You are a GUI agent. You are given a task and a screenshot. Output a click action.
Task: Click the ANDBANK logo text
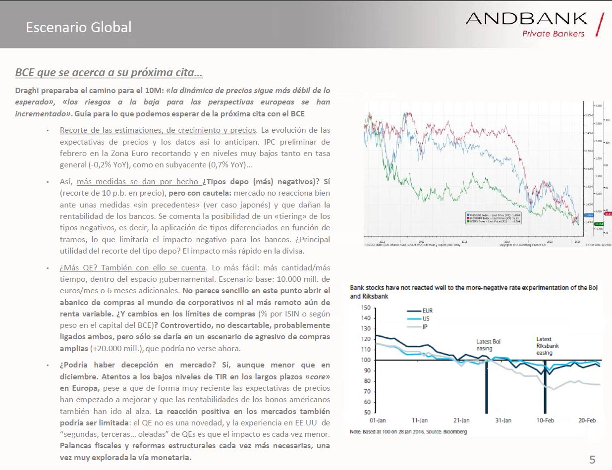point(526,19)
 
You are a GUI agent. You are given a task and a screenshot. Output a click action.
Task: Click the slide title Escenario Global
point(79,27)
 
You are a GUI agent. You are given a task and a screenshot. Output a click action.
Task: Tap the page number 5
point(593,458)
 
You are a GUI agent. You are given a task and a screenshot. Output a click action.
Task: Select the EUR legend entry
point(427,311)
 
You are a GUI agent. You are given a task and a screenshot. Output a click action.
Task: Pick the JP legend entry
point(425,327)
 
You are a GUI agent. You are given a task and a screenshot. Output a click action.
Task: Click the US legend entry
point(426,319)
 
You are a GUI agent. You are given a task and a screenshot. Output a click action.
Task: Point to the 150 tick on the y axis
point(365,308)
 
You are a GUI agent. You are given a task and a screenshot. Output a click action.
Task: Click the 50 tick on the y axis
point(367,412)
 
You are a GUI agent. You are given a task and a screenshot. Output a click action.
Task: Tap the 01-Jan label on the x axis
point(378,420)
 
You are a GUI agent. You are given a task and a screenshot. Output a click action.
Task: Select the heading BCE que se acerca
point(109,73)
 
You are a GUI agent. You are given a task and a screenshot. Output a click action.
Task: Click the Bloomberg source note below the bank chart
point(408,432)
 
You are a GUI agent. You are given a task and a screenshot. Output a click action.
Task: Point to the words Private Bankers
point(553,34)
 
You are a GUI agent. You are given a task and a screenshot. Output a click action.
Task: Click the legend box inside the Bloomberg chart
point(495,217)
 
